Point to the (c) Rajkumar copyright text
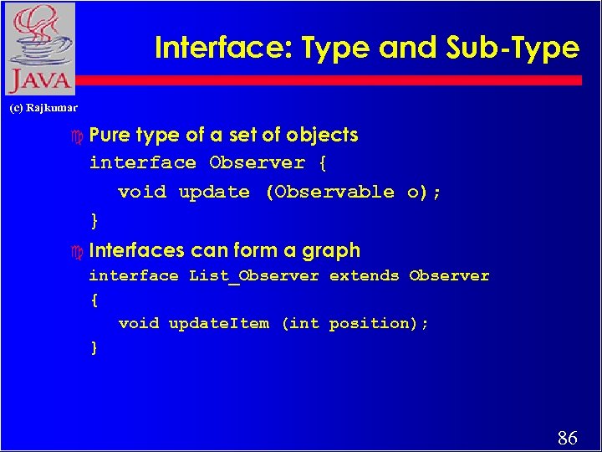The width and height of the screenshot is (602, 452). tap(43, 108)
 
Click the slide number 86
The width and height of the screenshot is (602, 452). tap(567, 437)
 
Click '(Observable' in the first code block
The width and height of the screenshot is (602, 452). tap(329, 192)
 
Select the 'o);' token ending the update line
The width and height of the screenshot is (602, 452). tap(424, 192)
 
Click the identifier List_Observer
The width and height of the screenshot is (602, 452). tap(254, 276)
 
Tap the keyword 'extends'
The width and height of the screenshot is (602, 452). tap(364, 275)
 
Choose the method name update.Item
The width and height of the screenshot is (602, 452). tap(219, 323)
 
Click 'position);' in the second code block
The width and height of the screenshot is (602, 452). tap(379, 323)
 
